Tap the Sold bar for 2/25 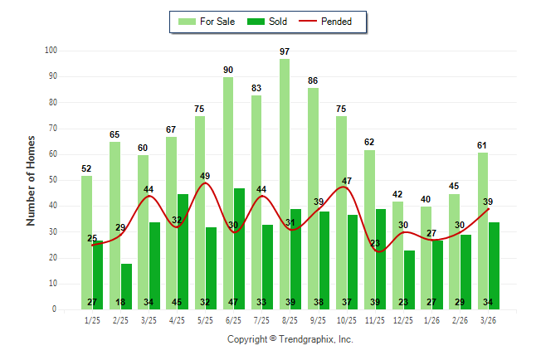tap(126, 286)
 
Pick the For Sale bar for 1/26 tap(426, 257)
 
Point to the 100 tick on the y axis tap(51, 51)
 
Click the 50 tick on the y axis tap(52, 180)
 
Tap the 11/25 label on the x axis tap(375, 320)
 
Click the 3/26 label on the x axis tap(489, 320)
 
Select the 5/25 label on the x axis tap(205, 320)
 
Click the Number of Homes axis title tap(31, 180)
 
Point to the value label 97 tap(285, 51)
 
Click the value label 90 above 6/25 tap(228, 70)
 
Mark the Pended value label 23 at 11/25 tap(375, 243)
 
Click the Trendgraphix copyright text tap(290, 339)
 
